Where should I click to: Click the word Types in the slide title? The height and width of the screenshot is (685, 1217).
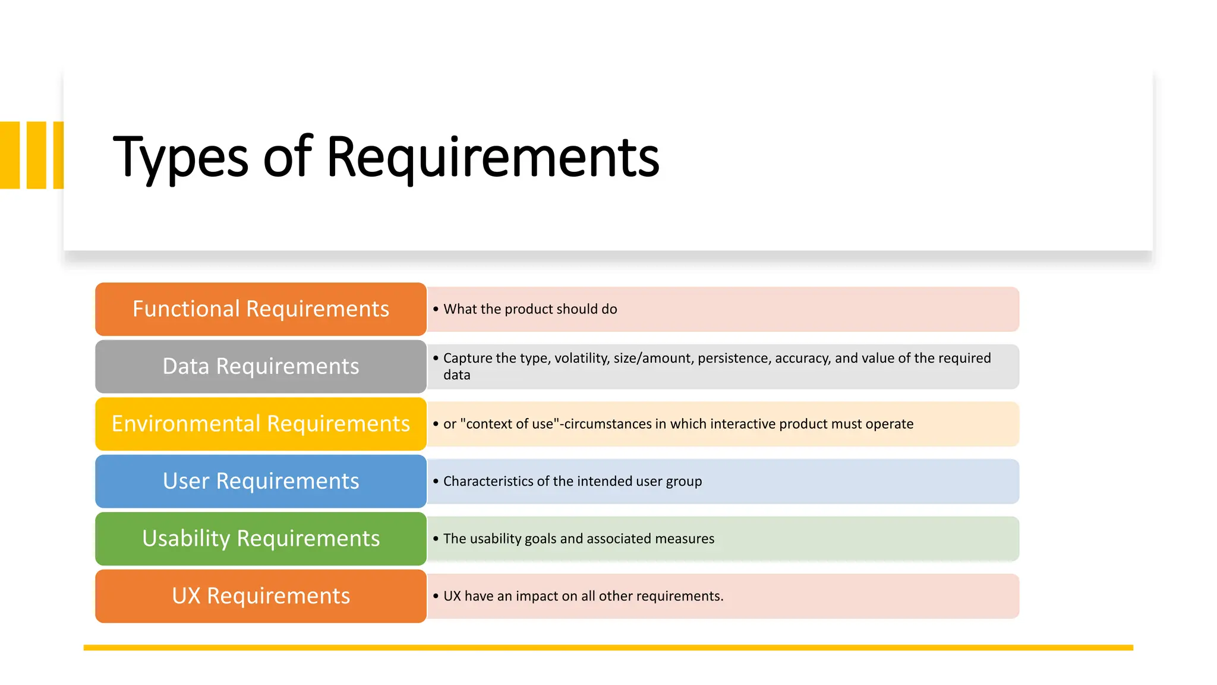180,158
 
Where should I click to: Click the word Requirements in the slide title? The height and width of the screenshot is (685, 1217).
493,158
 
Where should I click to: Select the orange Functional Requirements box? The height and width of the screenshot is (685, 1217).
260,309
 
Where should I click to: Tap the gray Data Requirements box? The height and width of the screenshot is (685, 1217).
260,366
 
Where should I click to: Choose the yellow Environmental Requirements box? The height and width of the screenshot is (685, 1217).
260,424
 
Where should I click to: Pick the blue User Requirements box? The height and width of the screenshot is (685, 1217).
260,481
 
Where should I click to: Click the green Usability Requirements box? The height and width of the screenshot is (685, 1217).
260,539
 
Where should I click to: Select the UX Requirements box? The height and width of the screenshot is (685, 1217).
260,596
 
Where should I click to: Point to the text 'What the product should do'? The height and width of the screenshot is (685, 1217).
530,309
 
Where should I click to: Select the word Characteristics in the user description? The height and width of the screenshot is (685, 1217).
488,481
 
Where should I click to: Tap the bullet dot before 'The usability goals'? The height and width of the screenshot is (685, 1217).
436,539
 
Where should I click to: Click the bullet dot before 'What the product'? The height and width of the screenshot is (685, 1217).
436,309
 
